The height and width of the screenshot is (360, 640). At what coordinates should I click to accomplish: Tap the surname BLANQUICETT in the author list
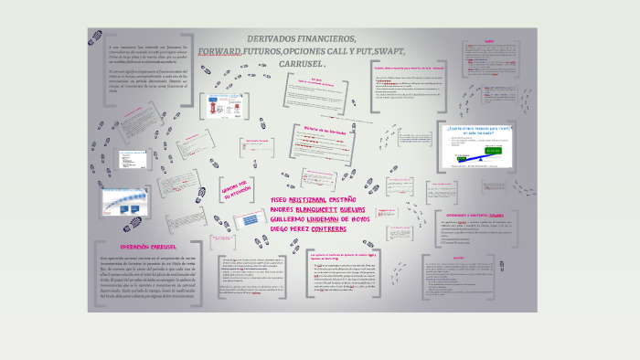[325, 208]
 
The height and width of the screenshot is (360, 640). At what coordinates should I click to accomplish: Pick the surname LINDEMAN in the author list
[336, 219]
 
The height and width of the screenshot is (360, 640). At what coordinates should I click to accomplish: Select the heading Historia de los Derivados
[316, 130]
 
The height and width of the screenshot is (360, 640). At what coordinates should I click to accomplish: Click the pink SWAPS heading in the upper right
[490, 41]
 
